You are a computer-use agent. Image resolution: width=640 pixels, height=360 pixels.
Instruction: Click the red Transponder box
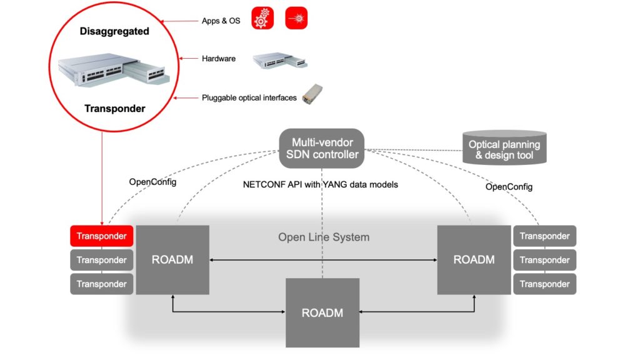tap(101, 236)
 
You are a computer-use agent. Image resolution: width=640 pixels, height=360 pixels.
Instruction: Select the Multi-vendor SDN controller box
tap(322, 149)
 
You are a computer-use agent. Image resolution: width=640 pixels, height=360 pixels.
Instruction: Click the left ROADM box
tap(172, 259)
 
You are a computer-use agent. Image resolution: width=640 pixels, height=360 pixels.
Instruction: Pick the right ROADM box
tap(474, 259)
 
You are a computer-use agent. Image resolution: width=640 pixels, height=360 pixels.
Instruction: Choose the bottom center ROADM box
tap(322, 312)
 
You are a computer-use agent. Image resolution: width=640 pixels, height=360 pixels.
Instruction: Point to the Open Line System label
tap(324, 237)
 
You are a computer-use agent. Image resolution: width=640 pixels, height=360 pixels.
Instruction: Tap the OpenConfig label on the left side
tap(152, 182)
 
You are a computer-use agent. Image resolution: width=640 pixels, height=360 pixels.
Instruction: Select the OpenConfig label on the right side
tap(509, 186)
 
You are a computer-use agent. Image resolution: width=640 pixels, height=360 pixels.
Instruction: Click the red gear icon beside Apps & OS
tap(263, 19)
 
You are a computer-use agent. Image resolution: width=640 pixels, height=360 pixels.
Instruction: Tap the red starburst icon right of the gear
tap(296, 19)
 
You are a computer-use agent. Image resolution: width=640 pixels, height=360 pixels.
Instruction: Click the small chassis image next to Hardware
tap(279, 60)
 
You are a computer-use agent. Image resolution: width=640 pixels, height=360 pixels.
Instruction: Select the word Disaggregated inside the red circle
tap(114, 31)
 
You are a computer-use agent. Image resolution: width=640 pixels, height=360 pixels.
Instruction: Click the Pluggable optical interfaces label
tap(249, 97)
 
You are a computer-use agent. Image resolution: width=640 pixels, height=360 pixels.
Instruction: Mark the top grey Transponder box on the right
tap(544, 236)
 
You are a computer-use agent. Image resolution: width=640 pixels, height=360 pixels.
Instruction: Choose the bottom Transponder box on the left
tap(101, 284)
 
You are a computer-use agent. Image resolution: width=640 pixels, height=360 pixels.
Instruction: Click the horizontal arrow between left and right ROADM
tap(322, 259)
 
